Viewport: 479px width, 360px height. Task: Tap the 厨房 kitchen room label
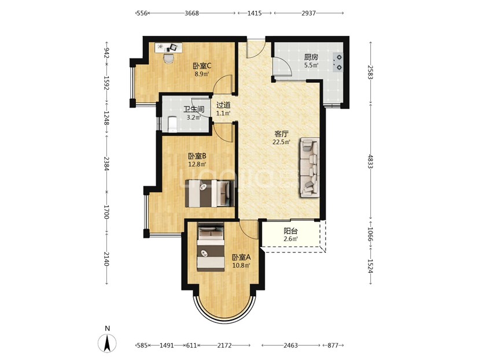tap(311, 57)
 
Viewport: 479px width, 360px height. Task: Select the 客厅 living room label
tap(281, 134)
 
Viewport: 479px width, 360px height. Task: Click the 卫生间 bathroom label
tap(194, 109)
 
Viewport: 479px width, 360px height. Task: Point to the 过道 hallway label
tap(223, 105)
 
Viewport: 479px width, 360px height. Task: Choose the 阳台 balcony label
tap(290, 232)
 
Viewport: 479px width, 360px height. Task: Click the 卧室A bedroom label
tap(241, 258)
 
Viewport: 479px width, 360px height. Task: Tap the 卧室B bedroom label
tap(197, 156)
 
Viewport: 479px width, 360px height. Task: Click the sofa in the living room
tap(309, 167)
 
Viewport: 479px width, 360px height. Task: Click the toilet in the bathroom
tap(172, 124)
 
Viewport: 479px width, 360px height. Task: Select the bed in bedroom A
tap(211, 248)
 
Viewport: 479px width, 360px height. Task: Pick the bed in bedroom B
tap(210, 193)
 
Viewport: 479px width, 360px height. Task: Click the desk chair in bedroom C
tap(168, 58)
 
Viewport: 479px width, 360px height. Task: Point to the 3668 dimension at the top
tap(192, 13)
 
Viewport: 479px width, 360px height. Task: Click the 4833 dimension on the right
tap(371, 162)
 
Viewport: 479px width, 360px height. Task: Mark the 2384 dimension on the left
tap(106, 164)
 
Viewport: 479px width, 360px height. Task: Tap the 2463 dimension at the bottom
tap(290, 346)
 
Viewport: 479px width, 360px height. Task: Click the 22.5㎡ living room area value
tap(281, 142)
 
